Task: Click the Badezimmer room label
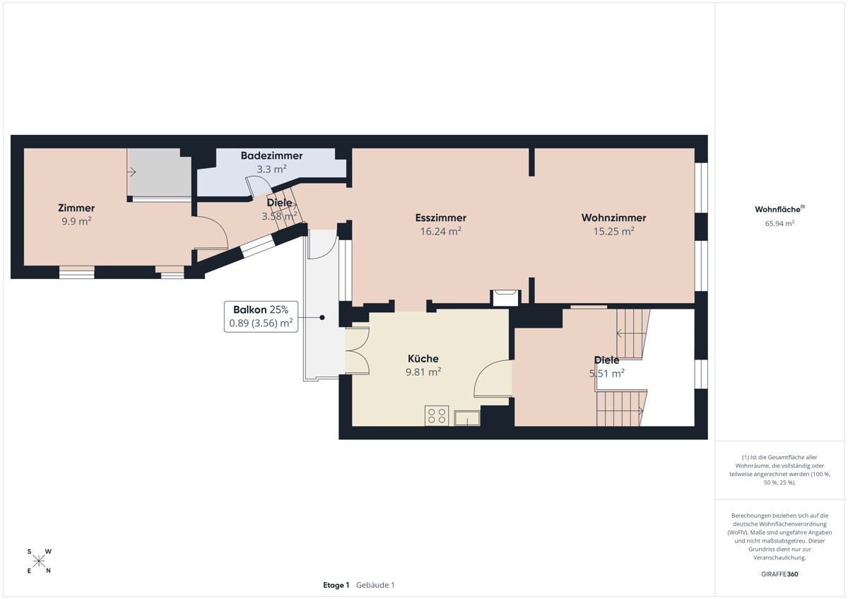coord(271,155)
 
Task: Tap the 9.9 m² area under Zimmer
coord(76,221)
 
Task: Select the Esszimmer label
coord(441,218)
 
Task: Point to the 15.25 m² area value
coord(613,231)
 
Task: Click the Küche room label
coord(423,358)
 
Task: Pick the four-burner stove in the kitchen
coord(437,415)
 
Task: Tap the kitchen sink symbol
coord(467,418)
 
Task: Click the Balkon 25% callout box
coord(261,316)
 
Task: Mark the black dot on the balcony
coord(322,317)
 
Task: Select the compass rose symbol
coord(39,561)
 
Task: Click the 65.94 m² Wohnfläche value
coord(779,223)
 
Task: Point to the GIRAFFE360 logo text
coord(779,574)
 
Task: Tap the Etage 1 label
coord(336,585)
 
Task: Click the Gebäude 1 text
coord(375,585)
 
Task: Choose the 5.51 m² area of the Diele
coord(606,374)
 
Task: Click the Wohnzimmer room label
coord(613,218)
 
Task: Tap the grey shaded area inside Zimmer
coord(160,172)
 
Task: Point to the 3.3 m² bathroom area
coord(271,169)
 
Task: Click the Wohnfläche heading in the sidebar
coord(779,209)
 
